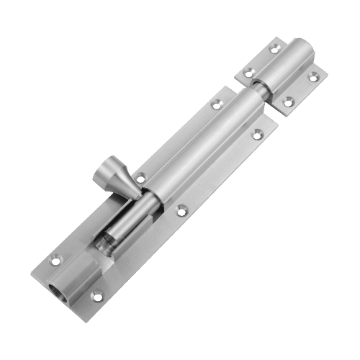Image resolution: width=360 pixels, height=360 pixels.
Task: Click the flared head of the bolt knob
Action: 107,176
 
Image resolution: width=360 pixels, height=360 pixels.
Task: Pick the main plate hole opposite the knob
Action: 182,210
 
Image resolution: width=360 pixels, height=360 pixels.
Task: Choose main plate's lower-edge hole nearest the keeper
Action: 258,133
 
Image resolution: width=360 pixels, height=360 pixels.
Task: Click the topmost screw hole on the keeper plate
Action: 274,49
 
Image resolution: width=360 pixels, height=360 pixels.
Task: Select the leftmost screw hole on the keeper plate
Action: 248,72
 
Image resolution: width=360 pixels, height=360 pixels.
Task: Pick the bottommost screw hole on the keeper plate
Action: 288,102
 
